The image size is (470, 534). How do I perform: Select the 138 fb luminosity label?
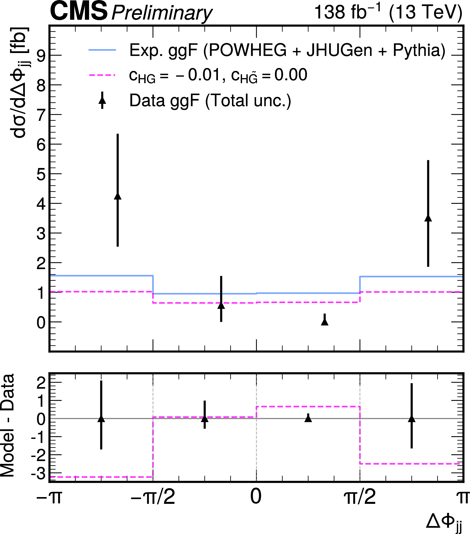pos(347,12)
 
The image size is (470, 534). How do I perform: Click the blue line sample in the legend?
pos(102,50)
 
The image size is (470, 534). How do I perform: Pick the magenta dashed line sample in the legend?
pos(102,75)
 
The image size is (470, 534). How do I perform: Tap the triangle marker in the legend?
pos(102,100)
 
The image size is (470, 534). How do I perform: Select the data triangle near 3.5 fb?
pos(428,218)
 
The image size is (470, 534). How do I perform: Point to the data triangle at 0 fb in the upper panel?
pos(325,322)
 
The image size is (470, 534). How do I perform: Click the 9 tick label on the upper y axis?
pos(41,55)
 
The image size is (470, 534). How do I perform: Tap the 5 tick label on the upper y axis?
pos(41,174)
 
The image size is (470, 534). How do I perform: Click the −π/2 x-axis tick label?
pos(153,497)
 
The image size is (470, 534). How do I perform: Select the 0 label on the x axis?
pos(256,497)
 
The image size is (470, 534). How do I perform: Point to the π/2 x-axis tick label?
pos(360,497)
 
